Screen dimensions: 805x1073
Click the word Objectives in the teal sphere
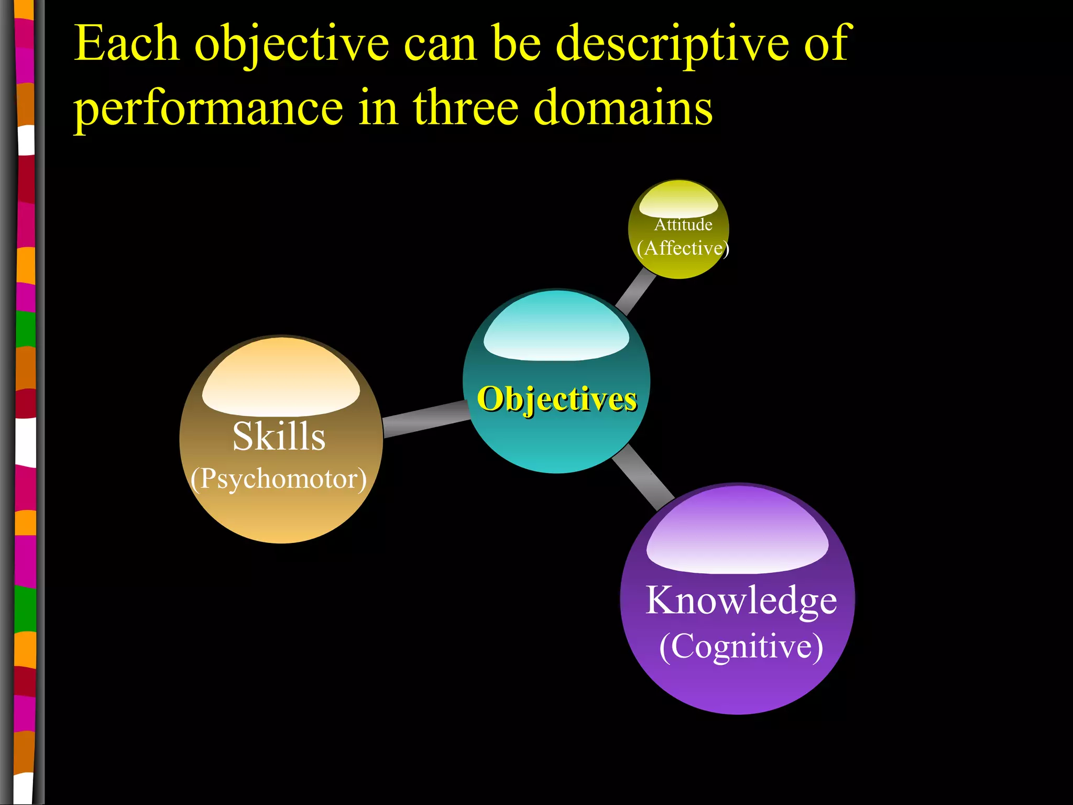[557, 399]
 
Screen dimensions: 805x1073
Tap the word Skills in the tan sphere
[279, 436]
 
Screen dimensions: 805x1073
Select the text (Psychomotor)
[278, 478]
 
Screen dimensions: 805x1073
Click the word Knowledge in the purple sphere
[741, 601]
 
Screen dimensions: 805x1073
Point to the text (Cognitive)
[741, 646]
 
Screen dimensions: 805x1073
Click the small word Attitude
[683, 225]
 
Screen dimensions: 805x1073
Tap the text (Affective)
[683, 248]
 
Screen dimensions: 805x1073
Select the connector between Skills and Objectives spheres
[425, 419]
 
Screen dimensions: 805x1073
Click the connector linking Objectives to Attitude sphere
[635, 291]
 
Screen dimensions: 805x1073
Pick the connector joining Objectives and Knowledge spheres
[643, 477]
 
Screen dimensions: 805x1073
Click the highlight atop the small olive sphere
[678, 201]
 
